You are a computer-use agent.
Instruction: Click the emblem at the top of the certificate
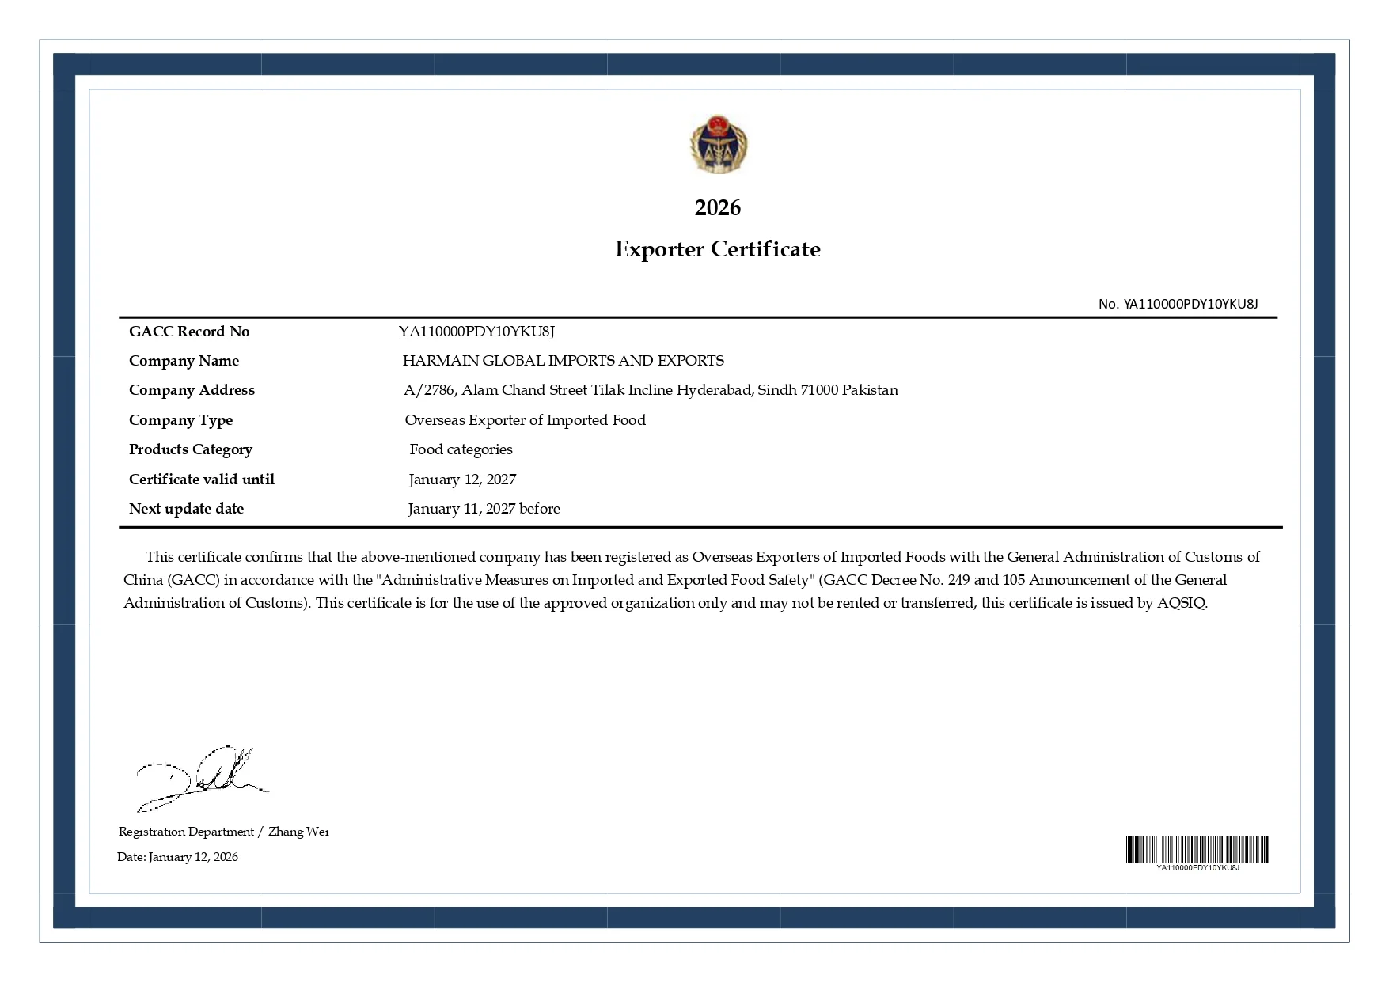pyautogui.click(x=718, y=144)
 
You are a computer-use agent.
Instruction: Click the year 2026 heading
pyautogui.click(x=717, y=207)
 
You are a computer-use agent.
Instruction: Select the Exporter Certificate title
pyautogui.click(x=717, y=249)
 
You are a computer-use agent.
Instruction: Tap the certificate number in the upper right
pyautogui.click(x=1178, y=304)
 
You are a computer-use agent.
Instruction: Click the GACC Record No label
pyautogui.click(x=189, y=332)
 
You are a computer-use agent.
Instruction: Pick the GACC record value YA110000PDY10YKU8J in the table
pyautogui.click(x=476, y=332)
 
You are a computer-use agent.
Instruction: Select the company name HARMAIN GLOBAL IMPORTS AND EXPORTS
pyautogui.click(x=563, y=361)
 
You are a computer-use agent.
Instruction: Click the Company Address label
pyautogui.click(x=192, y=390)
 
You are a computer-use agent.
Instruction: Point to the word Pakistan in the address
pyautogui.click(x=870, y=390)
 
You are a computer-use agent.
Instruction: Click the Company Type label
pyautogui.click(x=180, y=420)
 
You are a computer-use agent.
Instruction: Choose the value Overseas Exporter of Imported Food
pyautogui.click(x=525, y=420)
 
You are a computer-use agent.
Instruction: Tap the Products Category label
pyautogui.click(x=191, y=449)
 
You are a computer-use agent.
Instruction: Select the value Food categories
pyautogui.click(x=461, y=449)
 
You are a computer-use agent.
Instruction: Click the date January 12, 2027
pyautogui.click(x=462, y=480)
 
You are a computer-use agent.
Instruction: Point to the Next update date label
pyautogui.click(x=186, y=509)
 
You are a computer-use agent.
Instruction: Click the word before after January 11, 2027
pyautogui.click(x=540, y=509)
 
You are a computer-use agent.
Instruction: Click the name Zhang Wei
pyautogui.click(x=298, y=832)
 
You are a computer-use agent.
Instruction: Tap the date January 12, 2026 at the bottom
pyautogui.click(x=193, y=857)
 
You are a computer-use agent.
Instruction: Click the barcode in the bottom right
pyautogui.click(x=1197, y=850)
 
